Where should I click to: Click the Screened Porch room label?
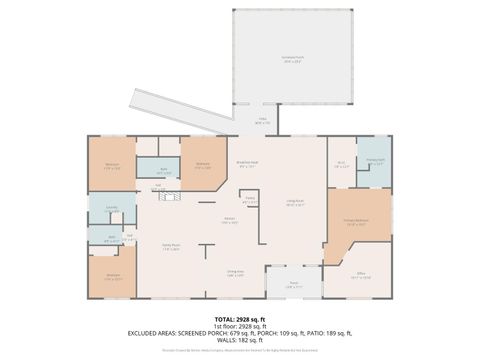pos(293,59)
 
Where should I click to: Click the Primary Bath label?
pos(375,161)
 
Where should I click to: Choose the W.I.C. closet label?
pos(341,165)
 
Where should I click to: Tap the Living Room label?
pos(294,204)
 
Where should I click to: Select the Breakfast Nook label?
pos(247,166)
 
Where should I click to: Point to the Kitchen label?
pos(229,222)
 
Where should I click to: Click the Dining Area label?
pos(235,274)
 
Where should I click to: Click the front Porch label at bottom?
pos(294,285)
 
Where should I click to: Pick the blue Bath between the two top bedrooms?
pos(162,171)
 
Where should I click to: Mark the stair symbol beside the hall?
pos(168,198)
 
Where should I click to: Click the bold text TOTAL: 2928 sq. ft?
pos(240,318)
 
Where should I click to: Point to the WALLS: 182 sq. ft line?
pos(240,340)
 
